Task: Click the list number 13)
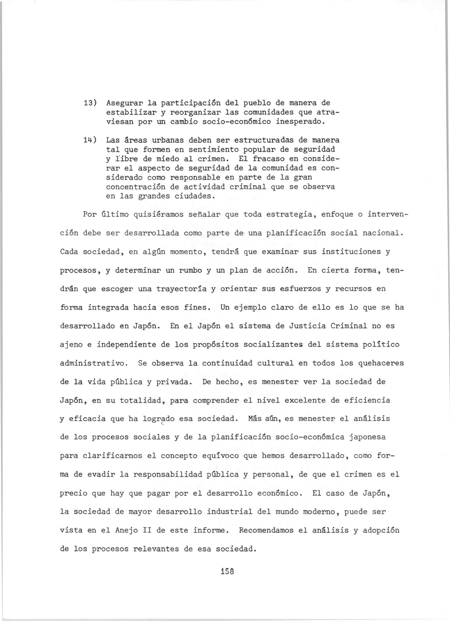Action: pyautogui.click(x=90, y=103)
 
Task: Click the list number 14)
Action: pyautogui.click(x=90, y=140)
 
